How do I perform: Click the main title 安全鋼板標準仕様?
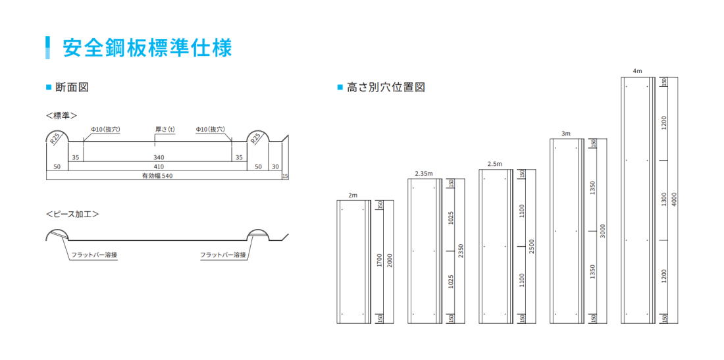[147, 48]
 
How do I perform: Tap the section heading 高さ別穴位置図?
[385, 87]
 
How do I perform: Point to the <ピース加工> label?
[72, 215]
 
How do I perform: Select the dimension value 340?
[159, 158]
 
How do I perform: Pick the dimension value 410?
[159, 167]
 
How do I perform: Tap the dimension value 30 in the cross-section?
[275, 167]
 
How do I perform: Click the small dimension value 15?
[284, 176]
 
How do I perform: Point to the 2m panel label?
[353, 195]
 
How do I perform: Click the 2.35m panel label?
[424, 173]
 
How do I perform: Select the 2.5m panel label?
[494, 164]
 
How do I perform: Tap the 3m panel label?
[566, 134]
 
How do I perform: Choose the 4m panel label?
[636, 70]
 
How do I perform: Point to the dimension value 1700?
[380, 261]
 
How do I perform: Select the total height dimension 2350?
[461, 251]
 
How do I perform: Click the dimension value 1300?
[664, 199]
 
